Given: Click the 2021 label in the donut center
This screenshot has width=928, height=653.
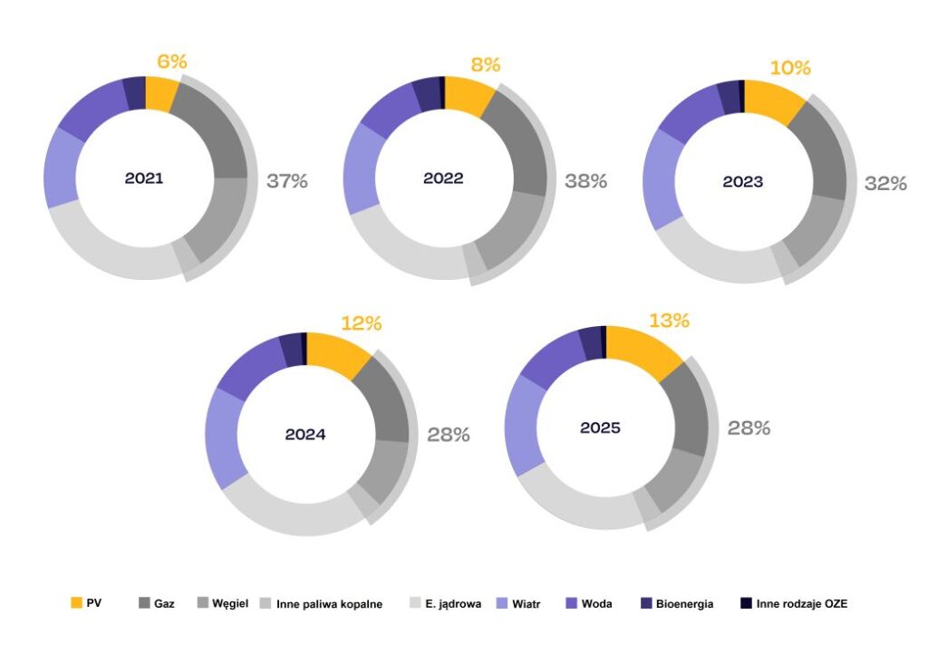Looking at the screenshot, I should [144, 178].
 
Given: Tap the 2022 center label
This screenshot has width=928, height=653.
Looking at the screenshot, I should [443, 178].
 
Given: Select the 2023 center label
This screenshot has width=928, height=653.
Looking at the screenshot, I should [743, 182].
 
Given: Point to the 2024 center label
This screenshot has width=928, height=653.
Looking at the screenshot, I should [305, 434].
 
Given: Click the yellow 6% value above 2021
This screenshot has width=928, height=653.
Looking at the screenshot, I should [171, 62].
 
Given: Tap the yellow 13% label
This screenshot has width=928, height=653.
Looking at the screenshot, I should [669, 321].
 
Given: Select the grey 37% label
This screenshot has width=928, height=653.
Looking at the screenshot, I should [287, 181].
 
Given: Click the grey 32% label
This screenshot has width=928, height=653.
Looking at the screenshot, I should [885, 184].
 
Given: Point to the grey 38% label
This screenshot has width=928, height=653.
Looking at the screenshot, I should [585, 181].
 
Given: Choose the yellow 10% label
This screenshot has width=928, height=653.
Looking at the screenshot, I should [790, 69].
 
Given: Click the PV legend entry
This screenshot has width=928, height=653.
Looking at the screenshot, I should [86, 603].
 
